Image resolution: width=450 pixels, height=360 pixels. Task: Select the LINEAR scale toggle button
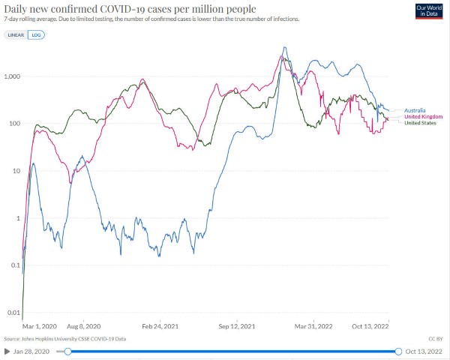point(16,35)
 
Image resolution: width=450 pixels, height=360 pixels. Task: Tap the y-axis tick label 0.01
point(13,313)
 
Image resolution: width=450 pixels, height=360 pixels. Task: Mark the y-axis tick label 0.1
point(14,265)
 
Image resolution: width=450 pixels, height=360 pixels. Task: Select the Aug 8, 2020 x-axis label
point(83,326)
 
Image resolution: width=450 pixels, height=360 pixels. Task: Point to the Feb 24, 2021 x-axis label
point(160,326)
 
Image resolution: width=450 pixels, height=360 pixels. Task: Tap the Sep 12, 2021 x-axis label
point(238,326)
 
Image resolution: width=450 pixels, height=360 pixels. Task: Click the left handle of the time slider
point(68,351)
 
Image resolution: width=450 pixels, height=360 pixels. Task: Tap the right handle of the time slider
point(398,351)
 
